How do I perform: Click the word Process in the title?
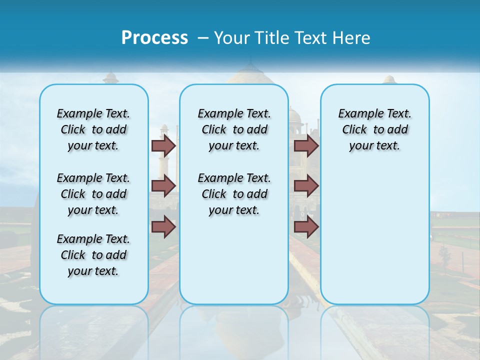click(154, 37)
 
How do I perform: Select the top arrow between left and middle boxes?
click(163, 146)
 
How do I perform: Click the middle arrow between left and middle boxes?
click(163, 186)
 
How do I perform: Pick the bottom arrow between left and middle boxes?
click(163, 227)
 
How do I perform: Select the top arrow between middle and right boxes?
click(306, 146)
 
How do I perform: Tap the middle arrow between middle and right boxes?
click(306, 186)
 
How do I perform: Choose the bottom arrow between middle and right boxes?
click(306, 227)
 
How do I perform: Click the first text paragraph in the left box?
click(93, 129)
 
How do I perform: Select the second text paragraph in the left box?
click(93, 194)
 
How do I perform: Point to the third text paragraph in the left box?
click(93, 255)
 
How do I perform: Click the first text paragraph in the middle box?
click(234, 129)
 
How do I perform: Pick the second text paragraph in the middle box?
click(234, 194)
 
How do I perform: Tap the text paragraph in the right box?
click(374, 129)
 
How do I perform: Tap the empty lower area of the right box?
click(374, 240)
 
